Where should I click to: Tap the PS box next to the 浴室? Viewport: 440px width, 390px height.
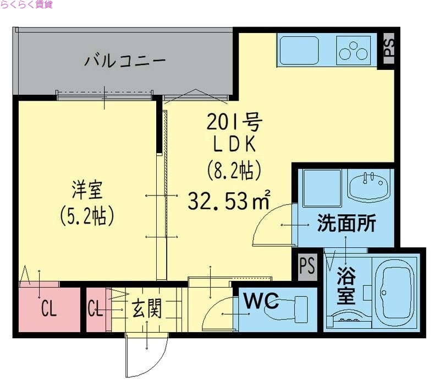[x=307, y=267]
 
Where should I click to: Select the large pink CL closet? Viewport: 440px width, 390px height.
[x=48, y=310]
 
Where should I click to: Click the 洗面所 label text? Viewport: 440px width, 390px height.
[x=346, y=223]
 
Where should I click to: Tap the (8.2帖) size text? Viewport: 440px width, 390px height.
[x=233, y=171]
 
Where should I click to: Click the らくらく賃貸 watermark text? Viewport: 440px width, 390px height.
[x=26, y=5]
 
